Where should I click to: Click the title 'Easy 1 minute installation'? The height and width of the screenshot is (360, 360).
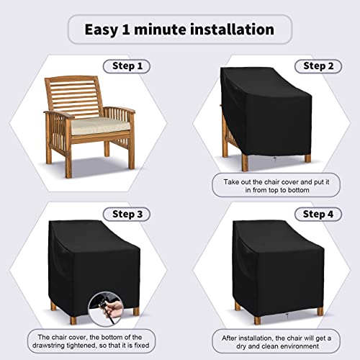180,30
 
